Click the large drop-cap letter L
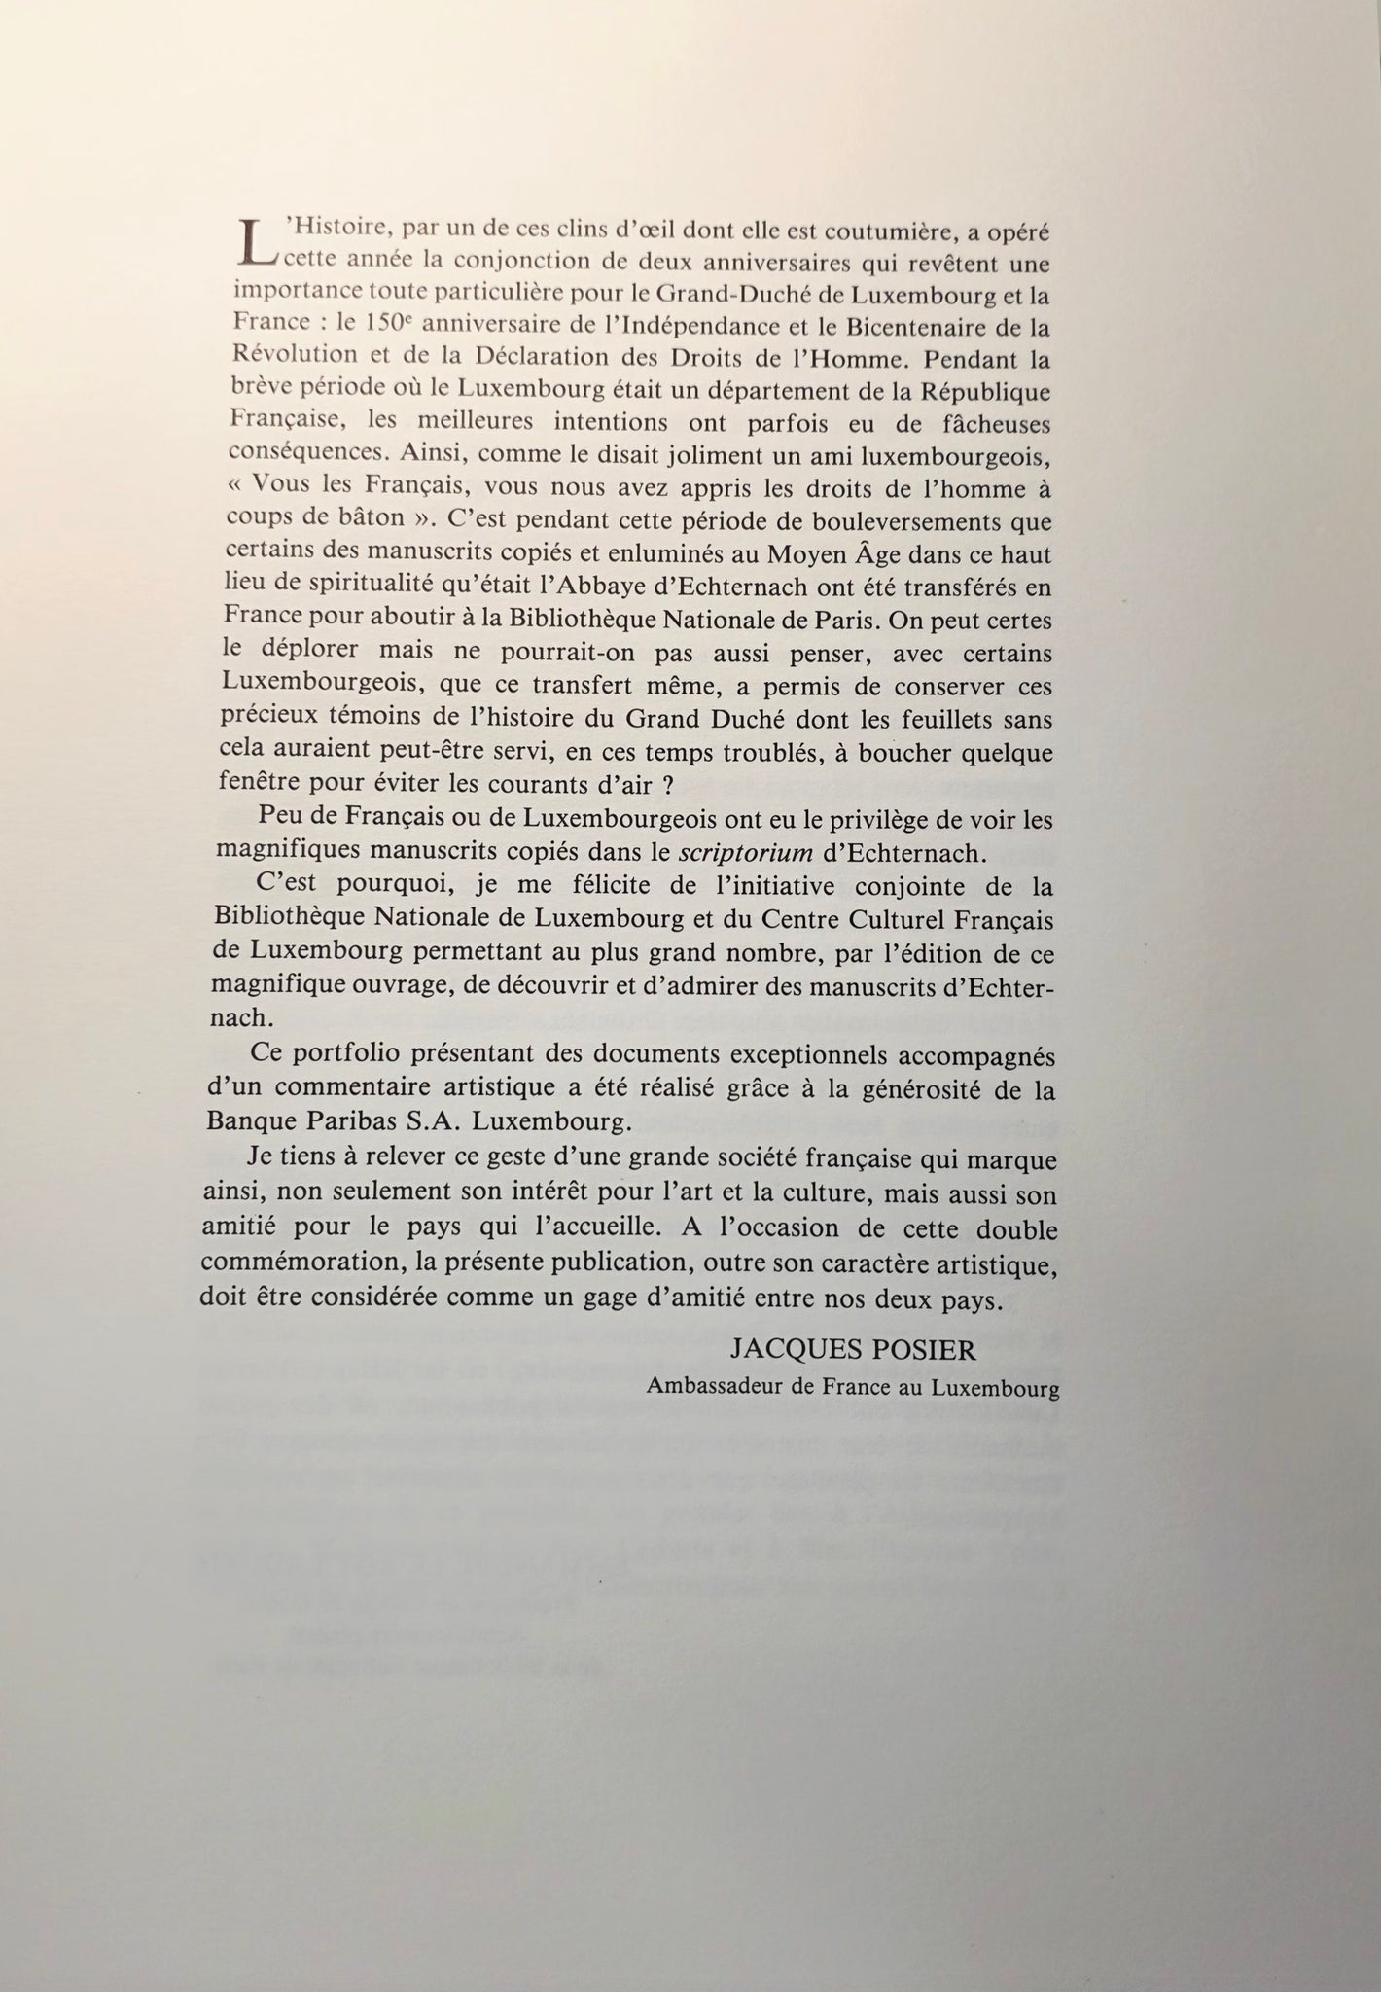tap(256, 244)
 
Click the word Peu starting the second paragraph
tap(273, 820)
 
